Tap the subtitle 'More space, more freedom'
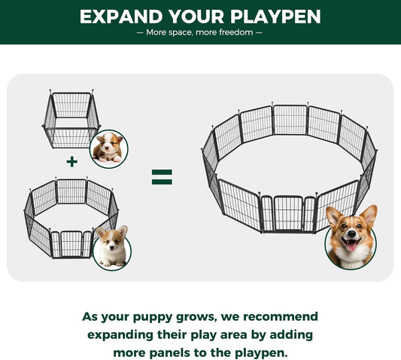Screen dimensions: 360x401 (200, 32)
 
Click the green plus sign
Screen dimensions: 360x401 (71, 161)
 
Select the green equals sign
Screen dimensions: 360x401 (162, 177)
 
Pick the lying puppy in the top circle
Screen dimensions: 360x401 (108, 148)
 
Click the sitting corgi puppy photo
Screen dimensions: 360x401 (113, 247)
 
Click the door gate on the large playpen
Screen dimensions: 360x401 (288, 213)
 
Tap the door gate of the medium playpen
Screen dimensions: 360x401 (71, 243)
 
